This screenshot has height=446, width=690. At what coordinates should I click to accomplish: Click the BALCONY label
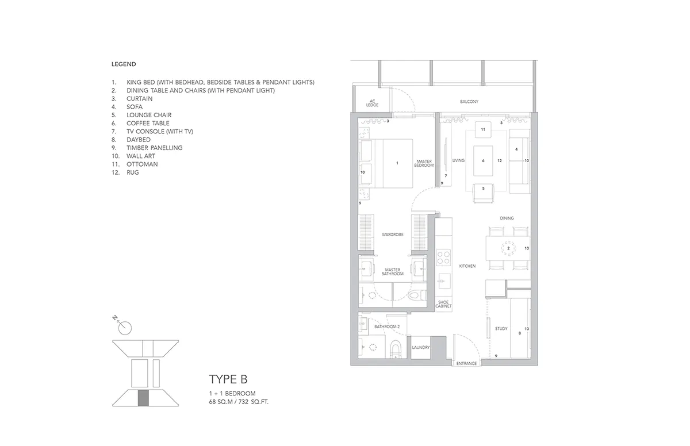coord(469,102)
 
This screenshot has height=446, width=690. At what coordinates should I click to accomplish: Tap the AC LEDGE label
coord(372,103)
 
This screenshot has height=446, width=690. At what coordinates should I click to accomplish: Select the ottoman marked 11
coord(483,129)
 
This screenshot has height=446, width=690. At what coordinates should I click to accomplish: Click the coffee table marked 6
coord(483,161)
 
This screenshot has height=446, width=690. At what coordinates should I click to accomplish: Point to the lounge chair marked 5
coord(484,193)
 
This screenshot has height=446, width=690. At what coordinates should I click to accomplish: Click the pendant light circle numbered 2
coord(508,248)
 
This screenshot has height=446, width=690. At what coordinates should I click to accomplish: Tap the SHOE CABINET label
coord(443,304)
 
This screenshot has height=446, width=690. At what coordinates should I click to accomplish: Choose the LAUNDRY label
coord(421,347)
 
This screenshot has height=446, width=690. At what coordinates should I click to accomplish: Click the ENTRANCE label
coord(466,363)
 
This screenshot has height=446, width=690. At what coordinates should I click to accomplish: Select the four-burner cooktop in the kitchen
coord(443,257)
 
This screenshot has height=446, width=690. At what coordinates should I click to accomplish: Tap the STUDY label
coord(501,329)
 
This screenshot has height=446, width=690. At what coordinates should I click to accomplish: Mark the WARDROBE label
coord(392,234)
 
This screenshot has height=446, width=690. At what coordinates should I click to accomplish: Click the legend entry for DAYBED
coord(139,140)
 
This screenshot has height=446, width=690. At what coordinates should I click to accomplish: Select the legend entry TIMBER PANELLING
coord(154,148)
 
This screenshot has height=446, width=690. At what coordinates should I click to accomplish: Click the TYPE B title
coord(228,379)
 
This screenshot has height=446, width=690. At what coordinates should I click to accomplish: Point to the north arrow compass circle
coord(125,328)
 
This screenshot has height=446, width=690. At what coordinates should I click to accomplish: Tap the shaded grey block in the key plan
coord(143,398)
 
